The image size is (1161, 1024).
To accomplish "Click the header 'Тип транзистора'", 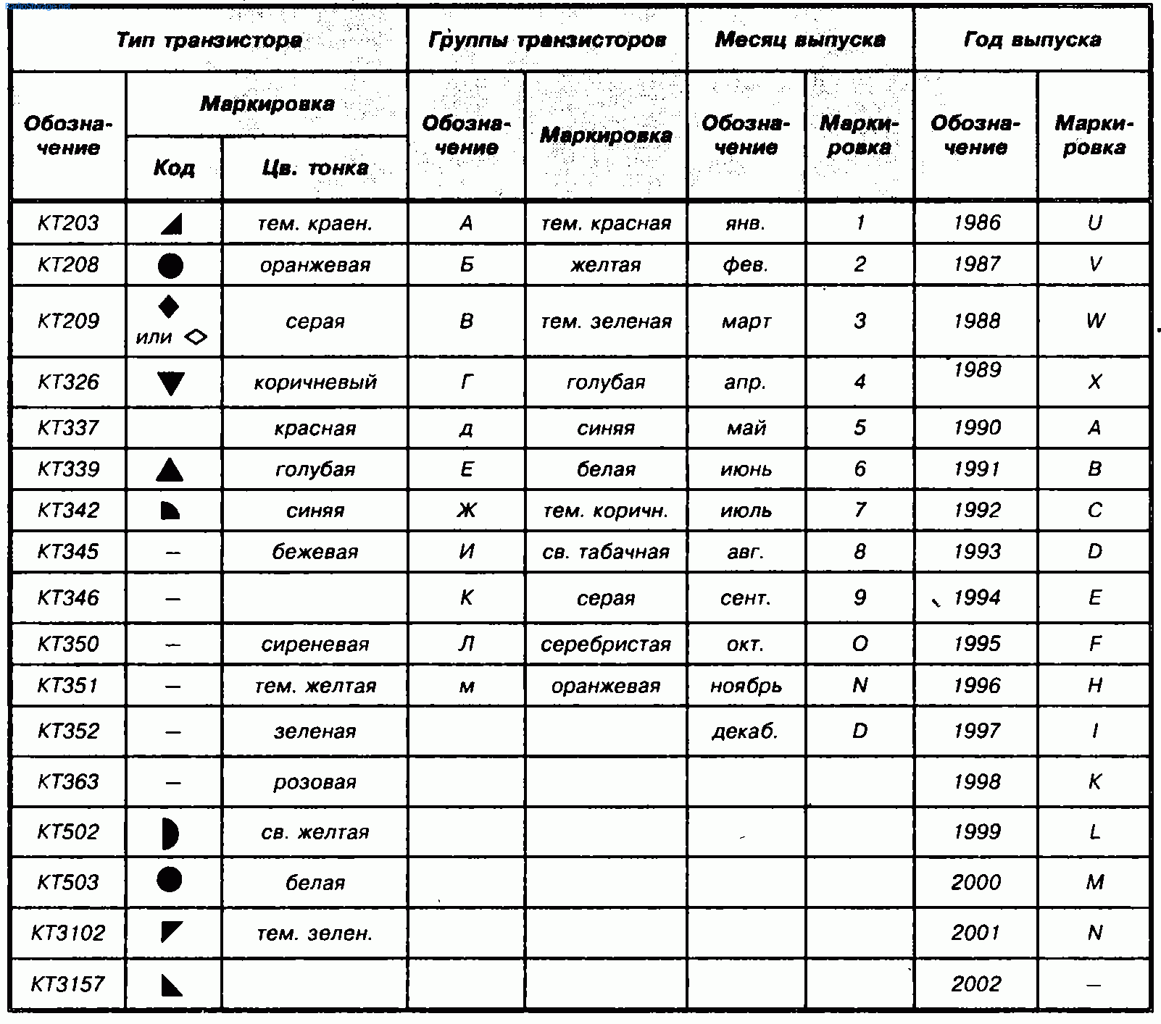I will [209, 40].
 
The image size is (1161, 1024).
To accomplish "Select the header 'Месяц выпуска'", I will [799, 40].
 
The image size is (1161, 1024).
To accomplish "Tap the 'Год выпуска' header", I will [1031, 40].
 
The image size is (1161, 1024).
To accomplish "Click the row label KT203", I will [68, 223].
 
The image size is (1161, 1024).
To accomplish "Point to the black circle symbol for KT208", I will [170, 266].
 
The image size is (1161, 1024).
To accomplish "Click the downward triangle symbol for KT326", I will [171, 382].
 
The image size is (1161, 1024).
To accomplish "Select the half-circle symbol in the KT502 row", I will [170, 834].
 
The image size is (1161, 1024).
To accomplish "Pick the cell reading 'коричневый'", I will [315, 382].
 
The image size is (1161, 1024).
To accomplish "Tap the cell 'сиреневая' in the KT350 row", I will [315, 645].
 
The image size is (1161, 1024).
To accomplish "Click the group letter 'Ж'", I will [466, 511].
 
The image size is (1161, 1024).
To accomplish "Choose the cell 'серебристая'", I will [605, 645].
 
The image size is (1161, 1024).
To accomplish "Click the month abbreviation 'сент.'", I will [745, 598].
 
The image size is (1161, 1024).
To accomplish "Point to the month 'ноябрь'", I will [746, 686].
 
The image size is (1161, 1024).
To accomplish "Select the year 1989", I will [976, 370].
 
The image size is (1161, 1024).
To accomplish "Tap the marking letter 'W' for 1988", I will [1095, 321].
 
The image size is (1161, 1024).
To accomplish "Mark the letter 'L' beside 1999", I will [1095, 832].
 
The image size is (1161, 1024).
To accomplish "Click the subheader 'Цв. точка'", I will [315, 168].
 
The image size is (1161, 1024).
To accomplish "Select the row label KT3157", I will [68, 984].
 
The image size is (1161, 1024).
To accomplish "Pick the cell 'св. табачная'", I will [605, 552].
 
